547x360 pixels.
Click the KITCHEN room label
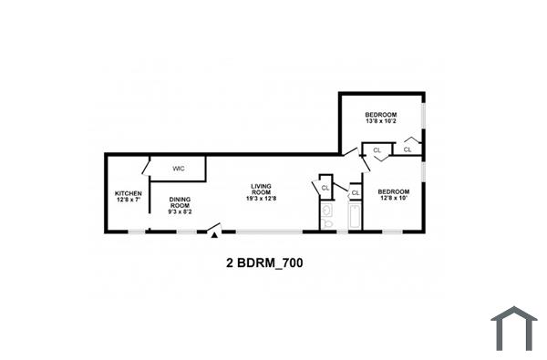128,193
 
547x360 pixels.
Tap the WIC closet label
179,168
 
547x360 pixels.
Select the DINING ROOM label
179,202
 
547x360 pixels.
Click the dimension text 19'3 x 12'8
263,199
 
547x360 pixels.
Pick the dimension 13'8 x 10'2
381,121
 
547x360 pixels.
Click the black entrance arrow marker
215,235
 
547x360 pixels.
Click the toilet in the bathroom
325,223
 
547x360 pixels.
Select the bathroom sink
325,211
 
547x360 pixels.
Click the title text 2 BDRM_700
264,262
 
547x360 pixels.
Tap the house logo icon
514,327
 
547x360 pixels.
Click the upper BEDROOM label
381,114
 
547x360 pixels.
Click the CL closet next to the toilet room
325,188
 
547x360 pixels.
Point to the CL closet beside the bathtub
355,193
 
